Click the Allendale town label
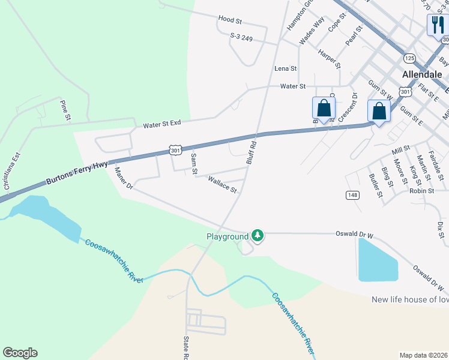(422, 74)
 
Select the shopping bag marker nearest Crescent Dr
(324, 109)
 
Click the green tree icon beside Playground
(258, 236)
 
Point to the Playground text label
(228, 236)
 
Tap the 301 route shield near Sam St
(175, 149)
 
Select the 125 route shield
(409, 58)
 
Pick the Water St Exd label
(162, 125)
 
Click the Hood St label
(229, 20)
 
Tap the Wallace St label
(222, 184)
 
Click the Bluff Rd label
(252, 152)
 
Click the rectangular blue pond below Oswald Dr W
(377, 260)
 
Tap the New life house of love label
(409, 299)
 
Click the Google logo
(20, 353)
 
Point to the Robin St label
(421, 190)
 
